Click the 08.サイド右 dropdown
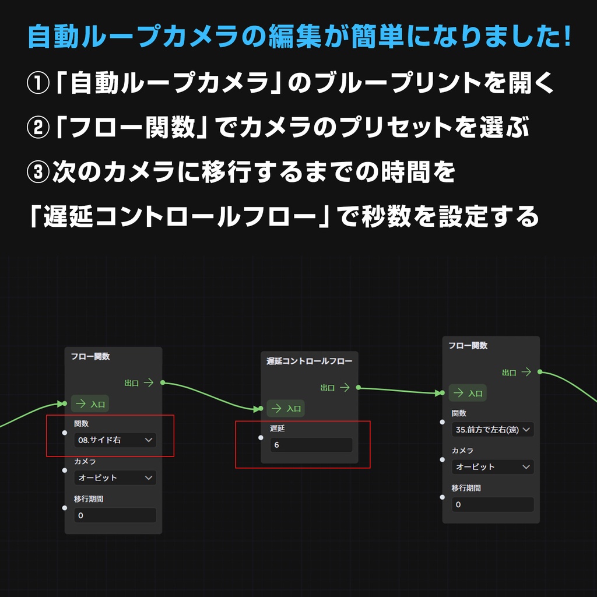(115, 440)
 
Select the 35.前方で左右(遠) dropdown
(493, 430)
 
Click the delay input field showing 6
(311, 445)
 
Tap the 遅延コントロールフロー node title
(309, 361)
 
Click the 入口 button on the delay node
(286, 409)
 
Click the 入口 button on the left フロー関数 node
(90, 403)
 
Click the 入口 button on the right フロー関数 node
(468, 393)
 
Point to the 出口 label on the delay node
(328, 388)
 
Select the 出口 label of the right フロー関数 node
(509, 373)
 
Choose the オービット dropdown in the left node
(115, 477)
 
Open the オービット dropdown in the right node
(493, 467)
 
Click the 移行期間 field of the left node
(115, 515)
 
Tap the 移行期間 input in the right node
(493, 504)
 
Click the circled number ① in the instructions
(38, 83)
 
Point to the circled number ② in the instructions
(38, 128)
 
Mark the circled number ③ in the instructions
(38, 172)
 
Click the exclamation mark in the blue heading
(567, 36)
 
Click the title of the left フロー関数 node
(90, 356)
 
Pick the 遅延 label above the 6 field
(277, 429)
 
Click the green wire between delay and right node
(400, 390)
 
